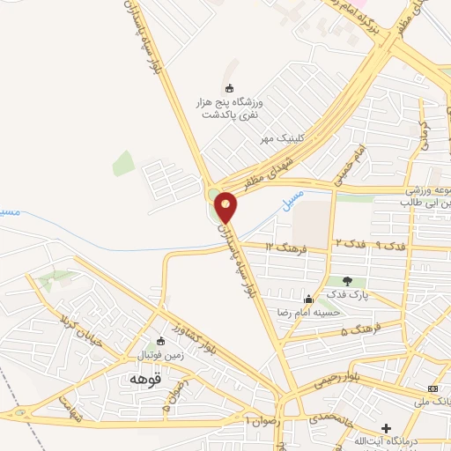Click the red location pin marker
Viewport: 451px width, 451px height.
(225, 206)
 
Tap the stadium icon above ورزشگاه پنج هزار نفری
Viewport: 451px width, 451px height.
(230, 88)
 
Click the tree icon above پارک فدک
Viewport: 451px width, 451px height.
(347, 282)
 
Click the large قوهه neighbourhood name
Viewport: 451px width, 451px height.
(144, 379)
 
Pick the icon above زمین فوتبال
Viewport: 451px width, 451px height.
(159, 342)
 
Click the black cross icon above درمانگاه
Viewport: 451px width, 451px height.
(386, 427)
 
